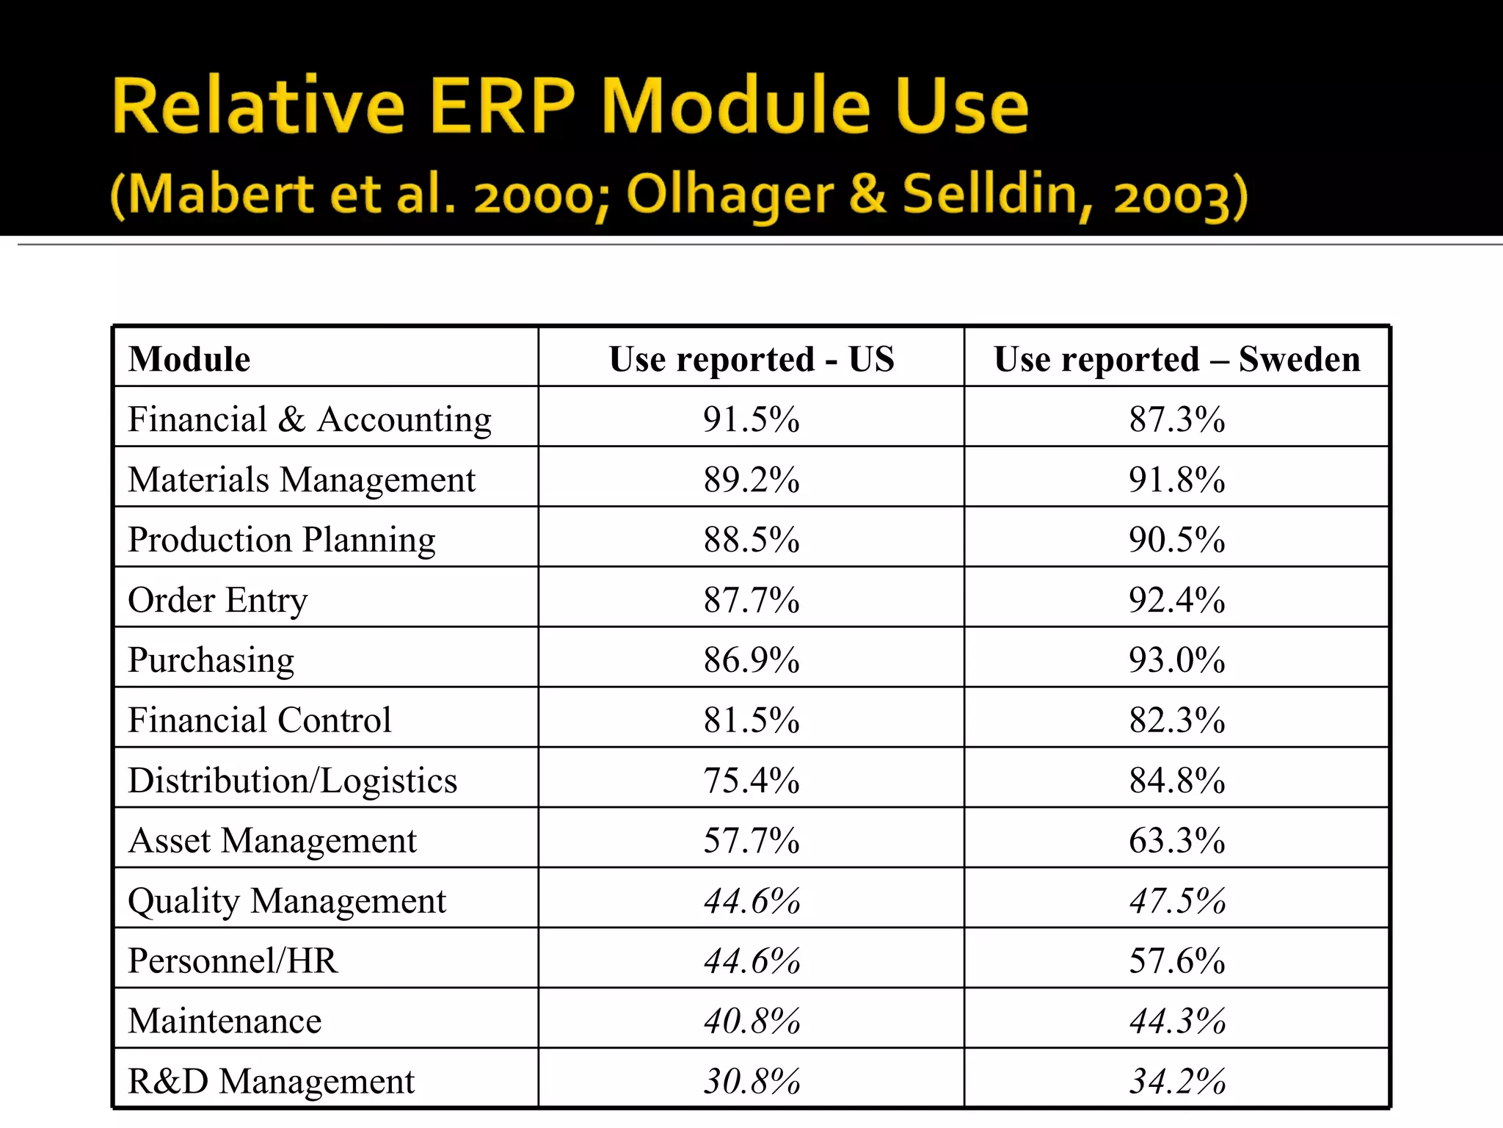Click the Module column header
[189, 359]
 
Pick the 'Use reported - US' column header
[751, 359]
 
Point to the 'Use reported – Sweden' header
[1177, 359]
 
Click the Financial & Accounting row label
[310, 419]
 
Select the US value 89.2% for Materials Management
[751, 480]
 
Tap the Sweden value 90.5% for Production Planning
[1177, 540]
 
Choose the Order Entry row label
[218, 600]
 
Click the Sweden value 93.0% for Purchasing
[1177, 659]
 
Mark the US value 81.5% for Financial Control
[751, 720]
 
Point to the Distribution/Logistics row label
[292, 780]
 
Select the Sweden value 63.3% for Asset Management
[1177, 840]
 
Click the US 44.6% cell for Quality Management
[751, 900]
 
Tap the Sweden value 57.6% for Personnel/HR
[1177, 961]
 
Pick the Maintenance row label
[225, 1021]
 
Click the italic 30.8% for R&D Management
[751, 1081]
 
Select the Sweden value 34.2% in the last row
[1177, 1081]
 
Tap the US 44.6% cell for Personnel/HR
[751, 961]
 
